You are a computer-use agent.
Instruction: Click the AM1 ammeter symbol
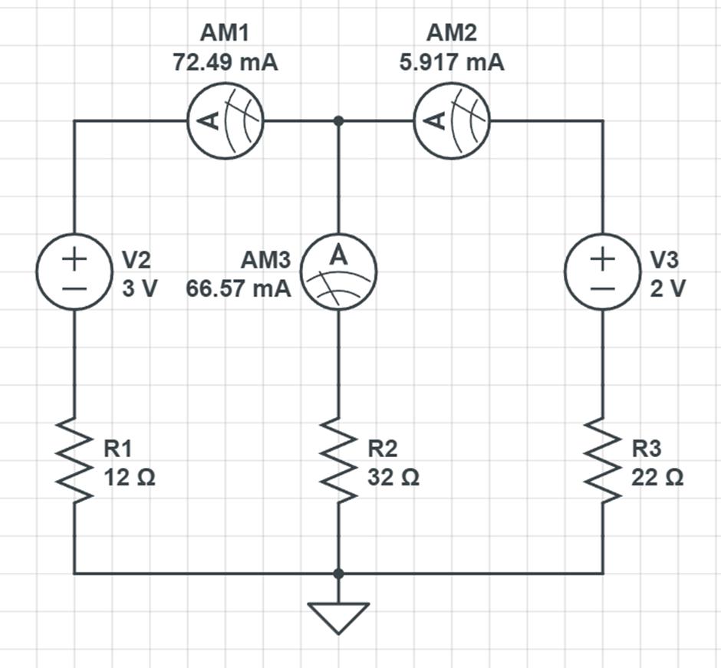(x=226, y=121)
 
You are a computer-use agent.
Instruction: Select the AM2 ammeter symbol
(x=452, y=121)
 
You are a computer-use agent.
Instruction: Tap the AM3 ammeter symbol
(x=338, y=273)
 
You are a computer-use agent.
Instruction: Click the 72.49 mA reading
(x=225, y=62)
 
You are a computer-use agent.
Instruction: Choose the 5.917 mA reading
(x=452, y=62)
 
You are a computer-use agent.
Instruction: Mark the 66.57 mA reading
(x=239, y=289)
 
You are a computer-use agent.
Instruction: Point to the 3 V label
(x=140, y=289)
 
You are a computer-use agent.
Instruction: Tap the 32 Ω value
(x=393, y=478)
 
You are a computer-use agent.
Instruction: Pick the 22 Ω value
(x=657, y=478)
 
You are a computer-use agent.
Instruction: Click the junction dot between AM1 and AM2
(x=338, y=121)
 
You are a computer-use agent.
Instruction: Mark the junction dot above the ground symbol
(x=338, y=573)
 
